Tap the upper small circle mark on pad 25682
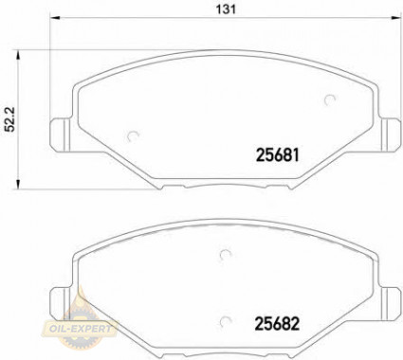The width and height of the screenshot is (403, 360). coord(226,253)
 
